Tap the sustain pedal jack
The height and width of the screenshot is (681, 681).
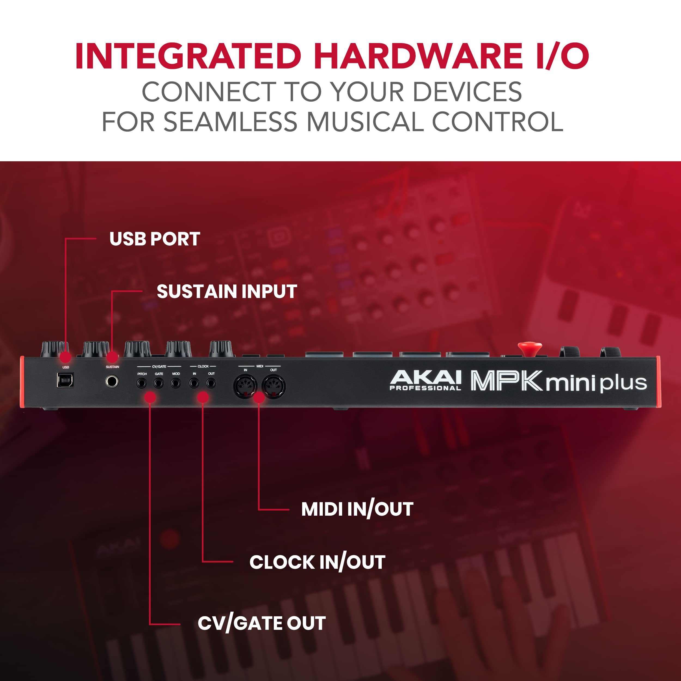tap(112, 381)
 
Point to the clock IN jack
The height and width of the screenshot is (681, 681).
tap(194, 383)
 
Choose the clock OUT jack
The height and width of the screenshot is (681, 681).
tap(211, 383)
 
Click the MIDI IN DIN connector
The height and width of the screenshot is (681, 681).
tap(245, 386)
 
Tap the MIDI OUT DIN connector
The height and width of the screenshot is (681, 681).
tap(273, 386)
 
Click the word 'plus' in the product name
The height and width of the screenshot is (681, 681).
tap(624, 383)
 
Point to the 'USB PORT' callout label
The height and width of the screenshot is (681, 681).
tap(155, 239)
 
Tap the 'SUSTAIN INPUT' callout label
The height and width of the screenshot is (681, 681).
tap(227, 291)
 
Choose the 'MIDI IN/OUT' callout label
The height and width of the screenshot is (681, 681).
tap(357, 509)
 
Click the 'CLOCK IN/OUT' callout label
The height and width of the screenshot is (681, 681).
tap(317, 562)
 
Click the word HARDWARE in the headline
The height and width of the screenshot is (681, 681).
tap(418, 56)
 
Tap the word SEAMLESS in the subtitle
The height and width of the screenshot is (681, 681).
tap(230, 122)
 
